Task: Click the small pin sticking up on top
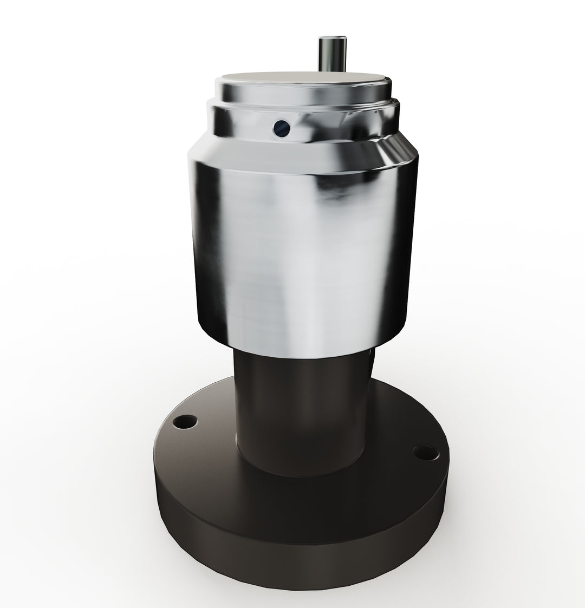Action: pyautogui.click(x=330, y=54)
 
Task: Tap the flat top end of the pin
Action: pyautogui.click(x=330, y=38)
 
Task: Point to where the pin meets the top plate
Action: pyautogui.click(x=330, y=70)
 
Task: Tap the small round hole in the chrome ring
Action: pyautogui.click(x=282, y=127)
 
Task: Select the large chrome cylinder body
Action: pyautogui.click(x=303, y=244)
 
